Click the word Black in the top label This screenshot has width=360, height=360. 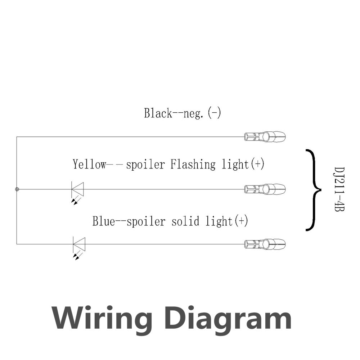pyautogui.click(x=158, y=113)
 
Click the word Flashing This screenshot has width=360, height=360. pyautogui.click(x=193, y=165)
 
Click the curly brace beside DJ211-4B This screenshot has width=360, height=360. pyautogui.click(x=313, y=189)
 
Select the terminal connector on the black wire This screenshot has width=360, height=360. pyautogui.click(x=265, y=137)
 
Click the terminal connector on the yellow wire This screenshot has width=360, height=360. pyautogui.click(x=265, y=189)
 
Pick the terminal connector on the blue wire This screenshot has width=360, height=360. pyautogui.click(x=265, y=244)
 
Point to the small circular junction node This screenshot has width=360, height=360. pyautogui.click(x=17, y=189)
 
